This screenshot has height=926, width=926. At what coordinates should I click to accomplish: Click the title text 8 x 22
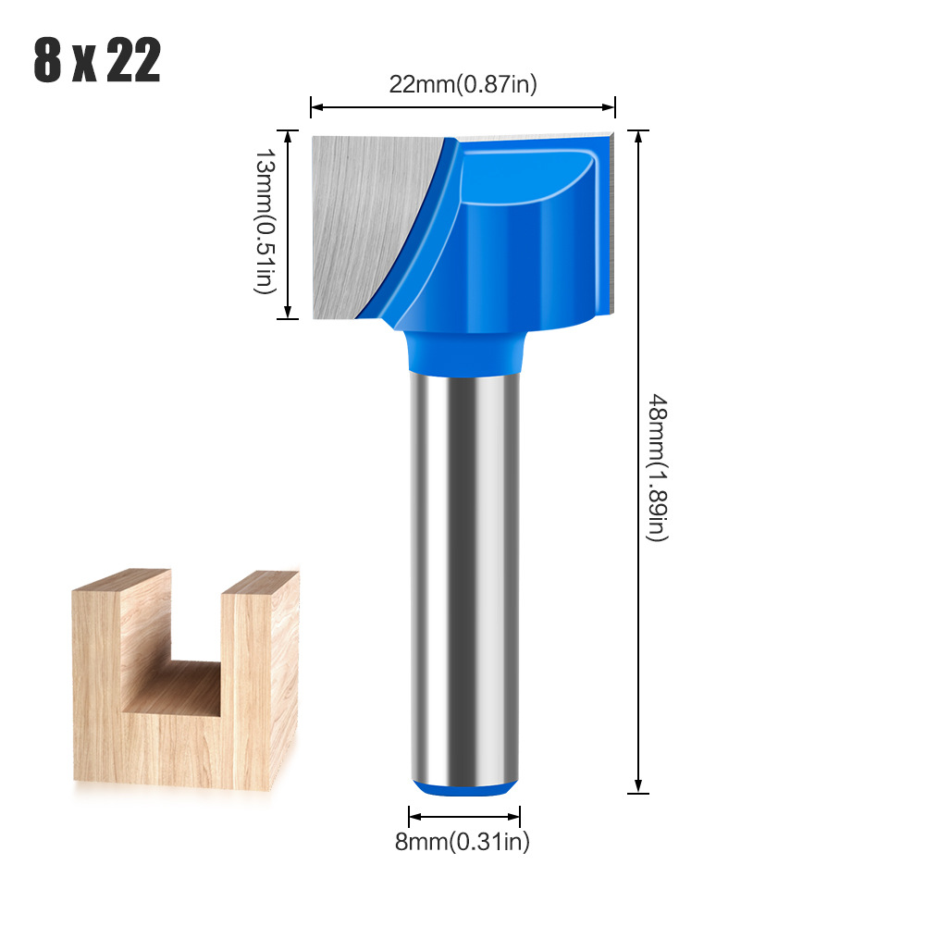click(x=97, y=61)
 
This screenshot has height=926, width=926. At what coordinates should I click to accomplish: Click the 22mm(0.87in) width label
click(x=463, y=84)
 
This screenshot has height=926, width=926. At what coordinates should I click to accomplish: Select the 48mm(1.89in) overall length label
click(x=656, y=466)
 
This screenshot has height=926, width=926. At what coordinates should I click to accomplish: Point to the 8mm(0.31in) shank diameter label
click(x=464, y=841)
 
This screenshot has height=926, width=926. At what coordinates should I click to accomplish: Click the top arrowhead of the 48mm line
click(x=637, y=135)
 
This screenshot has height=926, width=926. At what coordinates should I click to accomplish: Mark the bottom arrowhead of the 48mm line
click(x=637, y=787)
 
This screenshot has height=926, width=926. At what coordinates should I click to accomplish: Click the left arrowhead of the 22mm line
click(x=315, y=107)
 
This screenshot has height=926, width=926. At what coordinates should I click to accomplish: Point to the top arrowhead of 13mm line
click(x=290, y=135)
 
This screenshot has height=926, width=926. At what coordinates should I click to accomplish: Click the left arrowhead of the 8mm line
click(x=414, y=816)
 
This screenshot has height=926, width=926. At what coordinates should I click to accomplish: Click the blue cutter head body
click(x=518, y=241)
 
